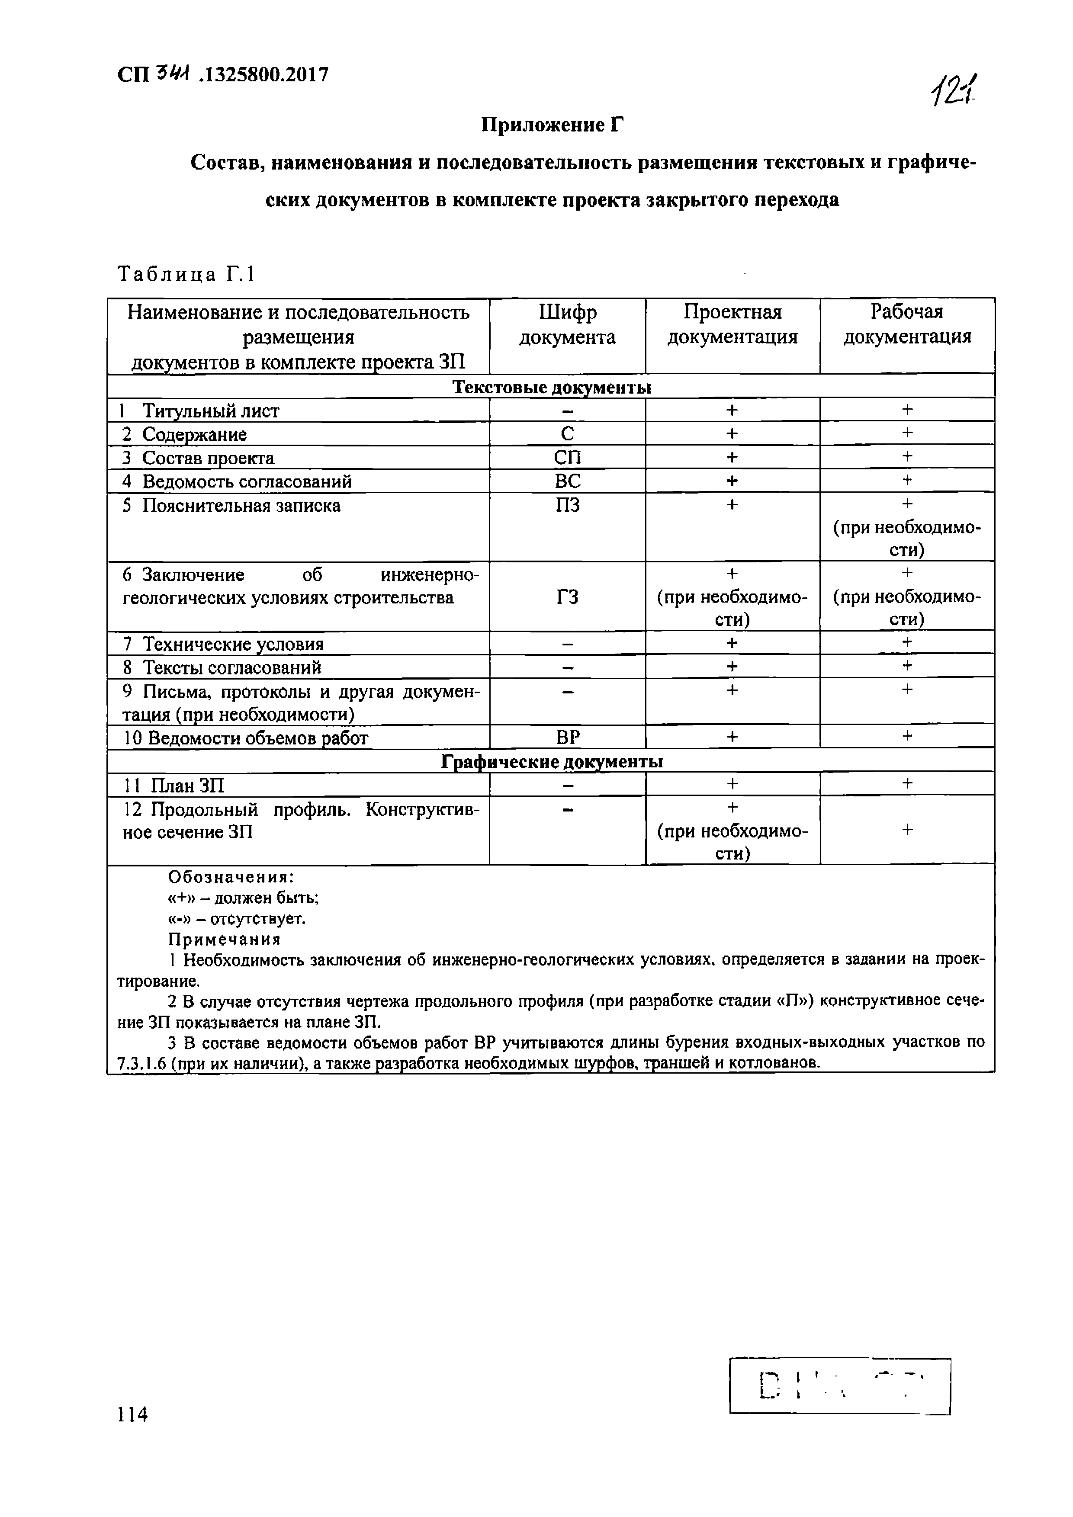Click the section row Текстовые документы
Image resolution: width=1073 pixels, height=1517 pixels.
pos(551,387)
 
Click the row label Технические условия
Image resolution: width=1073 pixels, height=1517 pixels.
pos(233,644)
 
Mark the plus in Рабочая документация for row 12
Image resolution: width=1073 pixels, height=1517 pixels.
pos(907,829)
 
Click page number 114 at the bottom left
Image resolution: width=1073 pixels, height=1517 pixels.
pos(132,1414)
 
